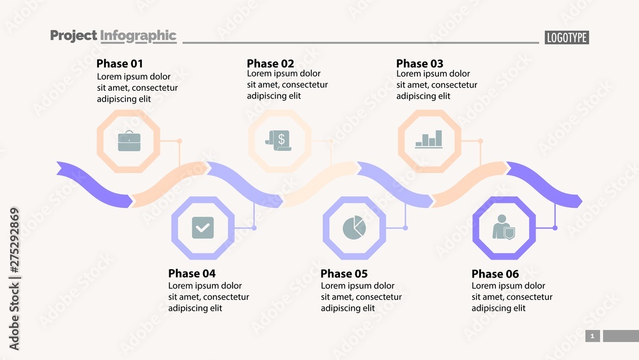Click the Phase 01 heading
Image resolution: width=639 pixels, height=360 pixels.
coord(119,63)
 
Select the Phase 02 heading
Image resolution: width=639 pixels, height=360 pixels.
coord(270,63)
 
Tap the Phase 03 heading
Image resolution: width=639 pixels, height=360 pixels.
coord(419,63)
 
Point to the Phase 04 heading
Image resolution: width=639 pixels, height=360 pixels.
coord(192,273)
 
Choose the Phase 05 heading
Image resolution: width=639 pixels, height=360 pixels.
coord(344,274)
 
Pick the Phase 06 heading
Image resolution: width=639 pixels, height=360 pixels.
coord(495,274)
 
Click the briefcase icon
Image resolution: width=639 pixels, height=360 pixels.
coord(128,141)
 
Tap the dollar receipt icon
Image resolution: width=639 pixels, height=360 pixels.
coord(279,141)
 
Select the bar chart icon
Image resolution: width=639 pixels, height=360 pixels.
coord(429,139)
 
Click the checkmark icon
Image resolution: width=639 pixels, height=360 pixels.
coord(203,228)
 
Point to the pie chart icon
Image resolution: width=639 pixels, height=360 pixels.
coord(354,227)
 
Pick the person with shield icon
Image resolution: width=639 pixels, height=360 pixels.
coord(504,228)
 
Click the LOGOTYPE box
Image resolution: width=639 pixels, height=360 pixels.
coord(567,38)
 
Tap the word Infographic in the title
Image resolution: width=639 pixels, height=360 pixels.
coord(138,36)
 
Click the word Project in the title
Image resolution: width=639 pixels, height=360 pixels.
coord(73,36)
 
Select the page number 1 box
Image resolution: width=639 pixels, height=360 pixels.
coord(592,336)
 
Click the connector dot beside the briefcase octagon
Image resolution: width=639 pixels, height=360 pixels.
coord(180,141)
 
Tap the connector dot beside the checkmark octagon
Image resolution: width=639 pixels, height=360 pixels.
coord(254,228)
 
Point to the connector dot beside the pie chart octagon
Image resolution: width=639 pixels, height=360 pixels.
coord(405,228)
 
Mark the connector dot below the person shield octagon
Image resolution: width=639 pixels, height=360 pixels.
coord(555,228)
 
